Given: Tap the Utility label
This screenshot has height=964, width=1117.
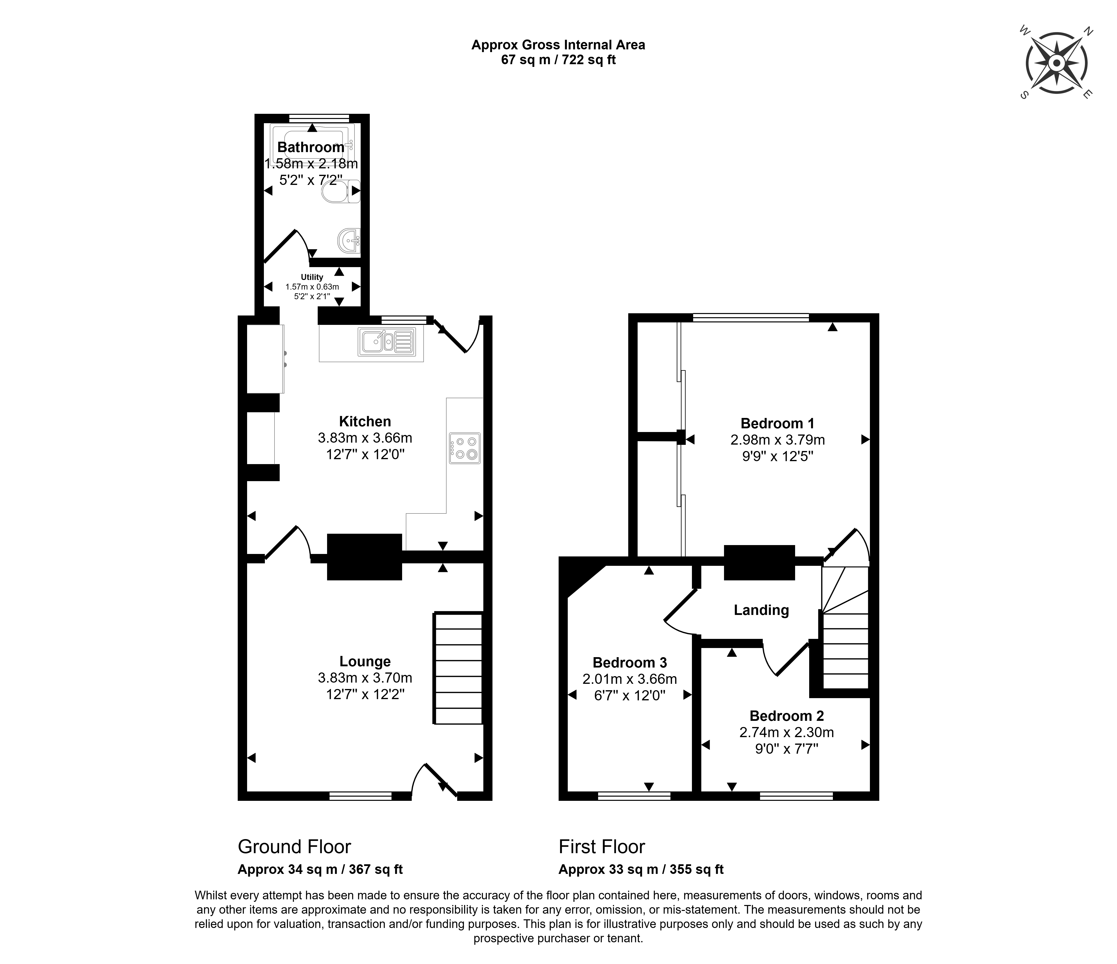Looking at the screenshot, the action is (312, 277).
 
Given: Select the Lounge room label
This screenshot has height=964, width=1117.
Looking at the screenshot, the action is (365, 662).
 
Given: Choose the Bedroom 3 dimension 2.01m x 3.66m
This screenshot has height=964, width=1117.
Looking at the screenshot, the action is (630, 679).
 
